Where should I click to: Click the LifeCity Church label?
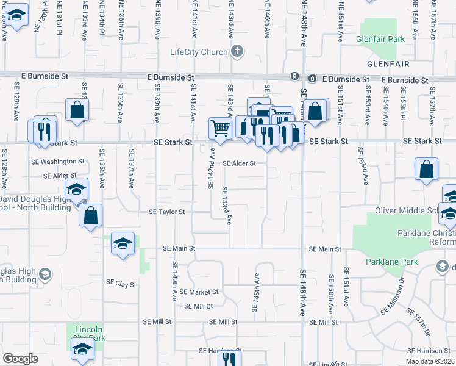[199, 52]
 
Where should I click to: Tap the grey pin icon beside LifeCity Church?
[238, 52]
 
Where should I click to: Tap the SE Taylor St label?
[167, 212]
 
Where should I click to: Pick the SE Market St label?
[199, 292]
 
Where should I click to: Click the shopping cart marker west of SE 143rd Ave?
[221, 128]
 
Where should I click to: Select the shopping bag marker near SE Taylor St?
[90, 215]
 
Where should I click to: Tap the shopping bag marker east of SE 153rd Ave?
[427, 169]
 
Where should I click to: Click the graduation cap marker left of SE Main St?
[123, 244]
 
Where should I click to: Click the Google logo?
[20, 359]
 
